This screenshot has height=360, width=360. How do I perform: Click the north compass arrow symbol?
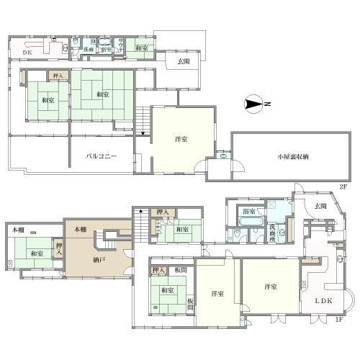click(254, 104)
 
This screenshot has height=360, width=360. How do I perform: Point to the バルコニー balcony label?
click(102, 156)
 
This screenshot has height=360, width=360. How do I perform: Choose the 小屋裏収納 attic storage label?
click(291, 156)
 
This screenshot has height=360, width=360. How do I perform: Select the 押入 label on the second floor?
click(57, 74)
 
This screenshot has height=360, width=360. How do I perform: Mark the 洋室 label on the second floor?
click(181, 138)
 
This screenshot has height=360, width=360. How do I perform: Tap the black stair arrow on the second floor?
click(143, 133)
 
